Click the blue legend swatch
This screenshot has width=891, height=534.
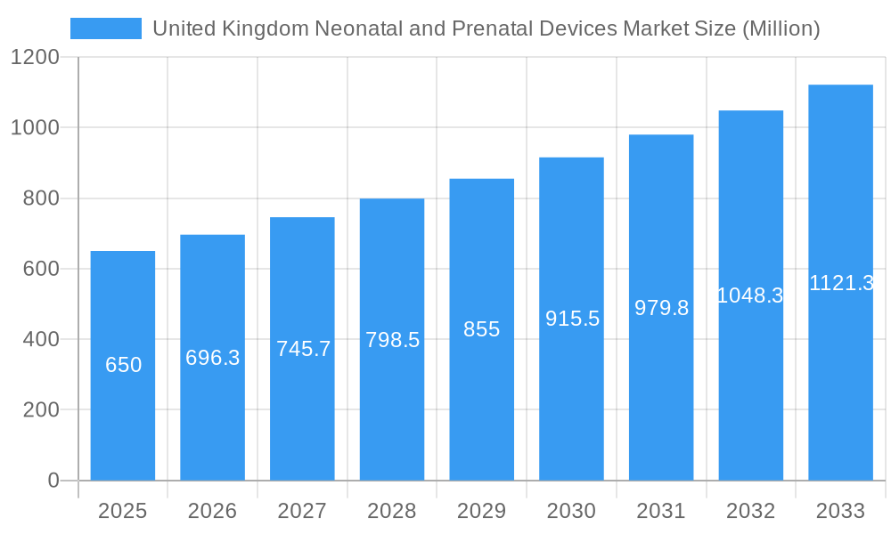105,28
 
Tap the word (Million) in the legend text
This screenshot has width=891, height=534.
781,28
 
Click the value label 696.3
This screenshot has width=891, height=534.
213,358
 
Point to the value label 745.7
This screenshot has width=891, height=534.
303,349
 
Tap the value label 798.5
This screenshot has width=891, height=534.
392,340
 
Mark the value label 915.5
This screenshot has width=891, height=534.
572,319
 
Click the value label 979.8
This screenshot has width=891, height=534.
661,308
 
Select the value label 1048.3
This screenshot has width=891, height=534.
750,295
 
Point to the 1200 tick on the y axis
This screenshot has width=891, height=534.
35,58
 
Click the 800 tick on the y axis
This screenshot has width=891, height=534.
41,198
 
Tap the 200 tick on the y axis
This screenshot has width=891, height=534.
41,410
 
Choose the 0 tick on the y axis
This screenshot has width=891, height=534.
53,481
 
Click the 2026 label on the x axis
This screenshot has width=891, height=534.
213,511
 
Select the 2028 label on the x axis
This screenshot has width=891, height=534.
392,511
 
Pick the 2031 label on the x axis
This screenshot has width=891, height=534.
661,511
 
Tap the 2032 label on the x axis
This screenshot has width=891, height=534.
750,511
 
